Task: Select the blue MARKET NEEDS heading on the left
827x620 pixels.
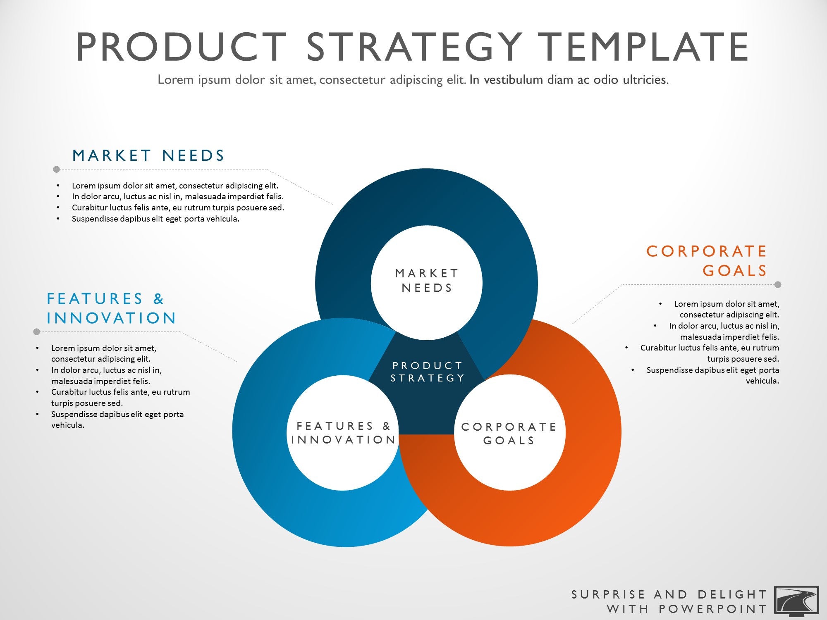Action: coord(148,155)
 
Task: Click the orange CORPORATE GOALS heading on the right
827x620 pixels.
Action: coord(707,261)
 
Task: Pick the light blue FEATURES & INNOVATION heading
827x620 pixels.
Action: coord(111,308)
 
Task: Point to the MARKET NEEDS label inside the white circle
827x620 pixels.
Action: coord(427,281)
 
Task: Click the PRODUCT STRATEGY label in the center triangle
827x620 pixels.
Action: coord(428,372)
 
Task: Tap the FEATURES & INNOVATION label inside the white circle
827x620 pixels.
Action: coord(344,433)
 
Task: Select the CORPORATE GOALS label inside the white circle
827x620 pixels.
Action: coord(509,434)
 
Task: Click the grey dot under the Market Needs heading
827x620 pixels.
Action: coord(57,169)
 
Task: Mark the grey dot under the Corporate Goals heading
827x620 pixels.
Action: coord(778,284)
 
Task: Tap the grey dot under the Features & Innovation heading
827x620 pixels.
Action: coord(36,331)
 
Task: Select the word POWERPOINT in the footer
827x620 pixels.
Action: coord(713,609)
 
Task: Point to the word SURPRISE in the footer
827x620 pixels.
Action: coord(608,594)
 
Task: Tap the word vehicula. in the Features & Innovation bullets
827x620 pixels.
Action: coord(68,425)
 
